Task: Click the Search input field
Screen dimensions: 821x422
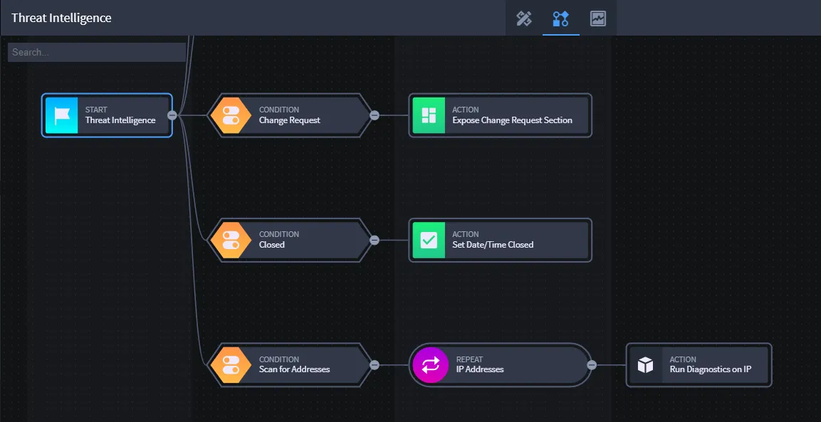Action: (x=97, y=53)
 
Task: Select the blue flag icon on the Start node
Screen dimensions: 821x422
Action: (x=62, y=115)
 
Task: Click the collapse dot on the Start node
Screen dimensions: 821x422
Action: (x=172, y=115)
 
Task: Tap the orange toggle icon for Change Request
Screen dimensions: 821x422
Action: (x=231, y=115)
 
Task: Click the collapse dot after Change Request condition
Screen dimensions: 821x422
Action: (x=375, y=115)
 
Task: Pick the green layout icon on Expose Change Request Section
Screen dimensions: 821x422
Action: (x=429, y=115)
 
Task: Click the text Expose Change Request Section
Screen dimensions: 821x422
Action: (x=512, y=120)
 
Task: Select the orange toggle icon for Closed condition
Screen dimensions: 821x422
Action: (x=231, y=240)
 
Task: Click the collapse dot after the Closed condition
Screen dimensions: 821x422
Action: (x=375, y=240)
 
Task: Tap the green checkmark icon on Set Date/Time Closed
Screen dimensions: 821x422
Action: (x=429, y=240)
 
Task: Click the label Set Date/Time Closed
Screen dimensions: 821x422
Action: (x=493, y=245)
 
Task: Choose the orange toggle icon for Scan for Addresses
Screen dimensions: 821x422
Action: (x=231, y=365)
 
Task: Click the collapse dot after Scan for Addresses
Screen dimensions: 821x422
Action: (x=375, y=365)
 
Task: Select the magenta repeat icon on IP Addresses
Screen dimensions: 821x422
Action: (x=430, y=365)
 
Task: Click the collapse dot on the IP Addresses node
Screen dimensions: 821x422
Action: (x=592, y=365)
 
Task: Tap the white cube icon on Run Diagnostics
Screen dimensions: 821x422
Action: (x=646, y=365)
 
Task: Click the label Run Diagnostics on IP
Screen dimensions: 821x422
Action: (x=711, y=369)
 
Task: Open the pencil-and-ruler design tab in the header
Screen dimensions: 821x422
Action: (x=524, y=19)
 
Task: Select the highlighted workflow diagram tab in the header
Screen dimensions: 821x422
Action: (x=561, y=19)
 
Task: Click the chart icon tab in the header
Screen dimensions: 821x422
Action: (x=598, y=19)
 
